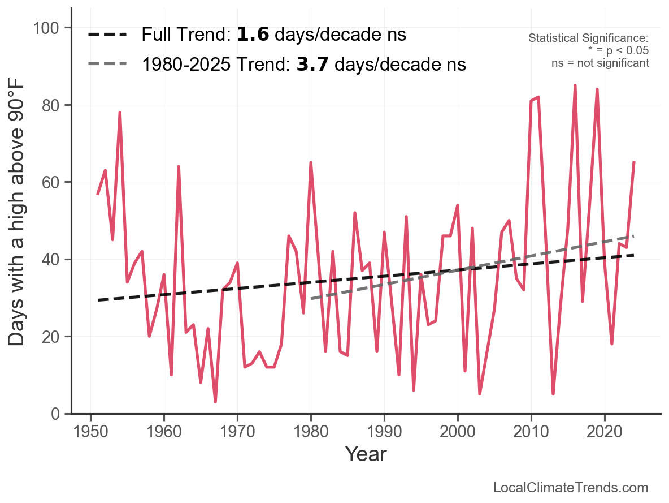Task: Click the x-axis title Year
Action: (366, 454)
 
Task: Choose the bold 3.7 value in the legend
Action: (312, 65)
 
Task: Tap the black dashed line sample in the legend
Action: (107, 35)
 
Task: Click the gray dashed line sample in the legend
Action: (107, 65)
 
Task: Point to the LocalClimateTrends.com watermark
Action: (571, 488)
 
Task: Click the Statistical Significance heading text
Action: (588, 38)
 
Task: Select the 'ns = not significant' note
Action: (600, 63)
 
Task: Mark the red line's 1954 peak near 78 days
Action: (120, 113)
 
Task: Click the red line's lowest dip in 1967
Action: (215, 402)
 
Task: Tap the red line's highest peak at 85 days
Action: (575, 85)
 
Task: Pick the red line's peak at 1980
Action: (311, 163)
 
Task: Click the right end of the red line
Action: (634, 162)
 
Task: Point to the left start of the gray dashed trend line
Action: (311, 299)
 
